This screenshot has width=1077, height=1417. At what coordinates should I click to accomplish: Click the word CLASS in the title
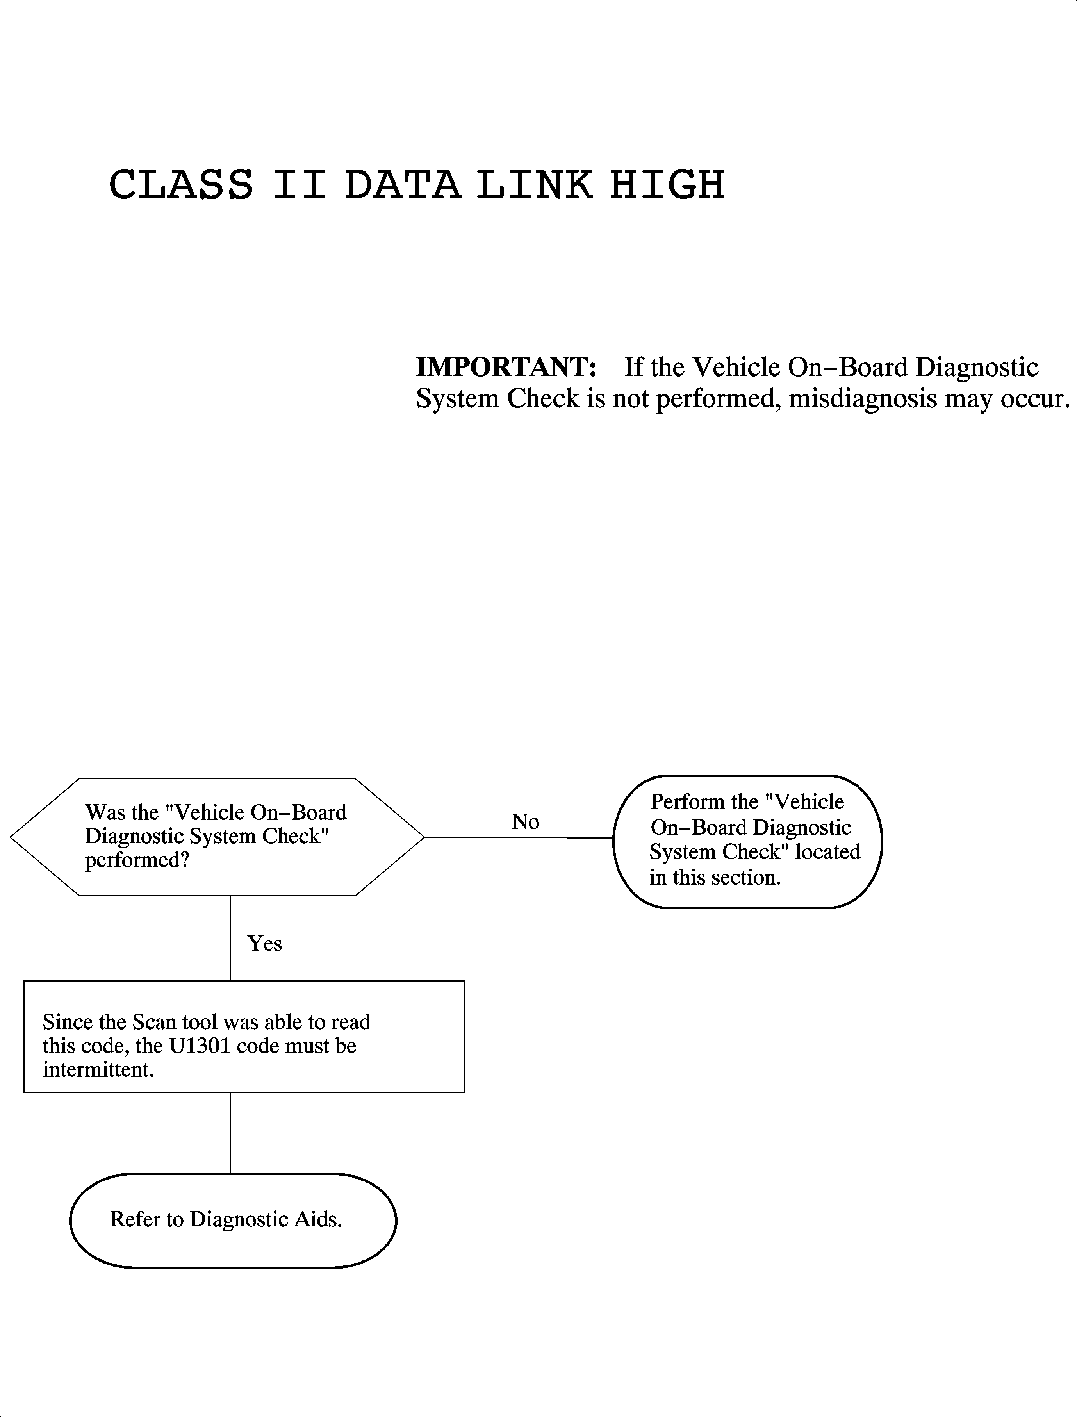pos(181,185)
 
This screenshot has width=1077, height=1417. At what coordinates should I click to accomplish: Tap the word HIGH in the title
pos(667,185)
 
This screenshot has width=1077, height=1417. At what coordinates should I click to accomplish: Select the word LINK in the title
pos(534,185)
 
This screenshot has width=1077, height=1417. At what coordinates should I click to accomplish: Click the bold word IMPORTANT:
pos(506,368)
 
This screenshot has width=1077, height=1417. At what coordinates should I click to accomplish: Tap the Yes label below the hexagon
pos(264,944)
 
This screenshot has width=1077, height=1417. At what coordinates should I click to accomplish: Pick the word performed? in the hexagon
pos(137,860)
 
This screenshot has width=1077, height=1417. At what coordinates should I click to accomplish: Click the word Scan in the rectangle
pos(154,1022)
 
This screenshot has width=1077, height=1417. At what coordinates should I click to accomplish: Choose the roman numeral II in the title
pos(299,185)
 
